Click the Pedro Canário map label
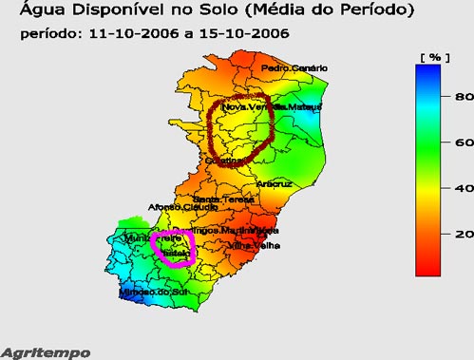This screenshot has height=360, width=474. tap(294, 68)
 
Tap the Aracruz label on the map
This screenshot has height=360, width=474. tap(275, 183)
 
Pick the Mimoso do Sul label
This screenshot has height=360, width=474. tap(149, 293)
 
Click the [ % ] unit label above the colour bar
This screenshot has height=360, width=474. tap(433, 57)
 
